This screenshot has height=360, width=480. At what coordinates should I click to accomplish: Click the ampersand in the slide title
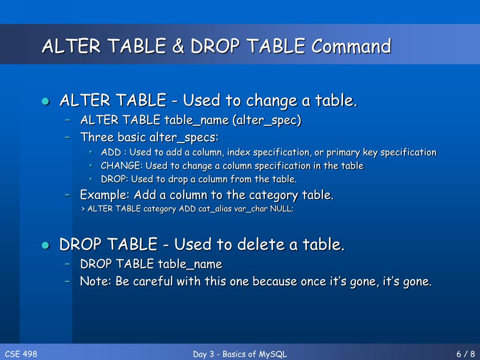coord(179,46)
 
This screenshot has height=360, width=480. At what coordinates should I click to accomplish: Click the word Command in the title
coord(352,46)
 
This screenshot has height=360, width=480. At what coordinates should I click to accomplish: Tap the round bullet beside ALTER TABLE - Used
coord(45,101)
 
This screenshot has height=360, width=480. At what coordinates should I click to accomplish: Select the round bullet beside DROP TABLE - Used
coord(45,245)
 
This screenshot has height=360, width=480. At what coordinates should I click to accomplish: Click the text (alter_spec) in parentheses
coord(266,120)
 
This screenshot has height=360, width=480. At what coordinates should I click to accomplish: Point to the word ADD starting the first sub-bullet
coord(111,152)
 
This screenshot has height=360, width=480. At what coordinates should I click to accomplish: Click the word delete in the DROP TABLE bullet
coord(262,245)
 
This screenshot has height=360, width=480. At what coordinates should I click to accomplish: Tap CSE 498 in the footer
coord(21,354)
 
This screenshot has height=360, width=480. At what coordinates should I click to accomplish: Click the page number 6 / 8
coord(465,354)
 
